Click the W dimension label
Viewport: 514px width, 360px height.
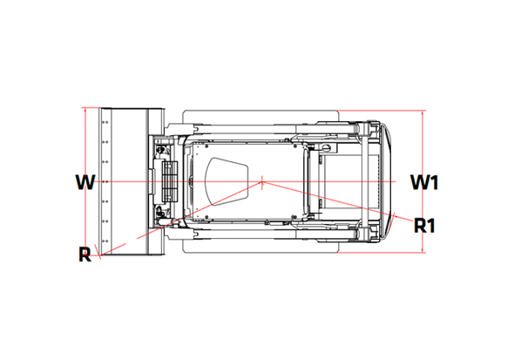click(85, 182)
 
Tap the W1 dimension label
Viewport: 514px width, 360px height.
click(424, 182)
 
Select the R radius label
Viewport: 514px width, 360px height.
click(85, 255)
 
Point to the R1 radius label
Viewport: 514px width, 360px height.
click(424, 225)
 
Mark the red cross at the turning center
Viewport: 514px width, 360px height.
click(262, 181)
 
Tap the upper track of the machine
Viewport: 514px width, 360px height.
click(261, 116)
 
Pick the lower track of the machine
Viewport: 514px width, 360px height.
click(261, 246)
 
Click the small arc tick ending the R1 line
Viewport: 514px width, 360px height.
click(396, 214)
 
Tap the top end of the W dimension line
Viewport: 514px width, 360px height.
click(85, 108)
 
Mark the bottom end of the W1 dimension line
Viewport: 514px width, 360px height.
click(423, 253)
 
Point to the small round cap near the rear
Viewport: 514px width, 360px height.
click(326, 148)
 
